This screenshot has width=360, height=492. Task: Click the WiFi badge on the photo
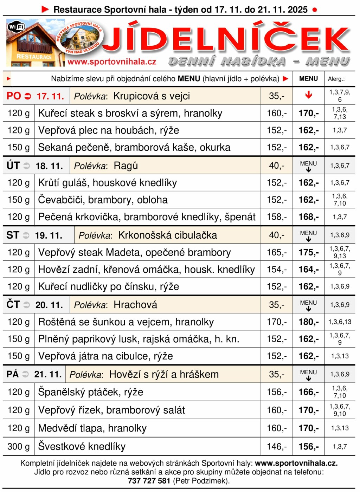click(x=17, y=27)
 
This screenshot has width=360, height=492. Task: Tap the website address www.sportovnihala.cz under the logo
click(x=112, y=62)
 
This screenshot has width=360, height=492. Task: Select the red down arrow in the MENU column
click(x=308, y=95)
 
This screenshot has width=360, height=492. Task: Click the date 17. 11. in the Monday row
click(x=50, y=96)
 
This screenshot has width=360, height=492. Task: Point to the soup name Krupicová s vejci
click(x=152, y=96)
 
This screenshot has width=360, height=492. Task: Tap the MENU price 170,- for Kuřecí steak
click(x=308, y=113)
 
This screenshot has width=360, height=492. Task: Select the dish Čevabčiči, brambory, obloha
click(x=103, y=200)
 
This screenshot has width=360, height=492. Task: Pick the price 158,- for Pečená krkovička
click(x=277, y=217)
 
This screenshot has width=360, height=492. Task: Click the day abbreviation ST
click(x=13, y=235)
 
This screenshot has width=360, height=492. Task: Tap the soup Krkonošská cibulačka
click(x=167, y=235)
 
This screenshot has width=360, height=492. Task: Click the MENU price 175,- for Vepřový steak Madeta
click(x=308, y=252)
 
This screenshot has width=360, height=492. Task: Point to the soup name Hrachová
click(x=135, y=305)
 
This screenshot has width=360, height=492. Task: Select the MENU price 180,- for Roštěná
click(x=308, y=322)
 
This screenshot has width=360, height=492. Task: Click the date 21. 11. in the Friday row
click(x=48, y=374)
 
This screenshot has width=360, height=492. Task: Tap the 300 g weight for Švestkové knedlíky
click(x=19, y=446)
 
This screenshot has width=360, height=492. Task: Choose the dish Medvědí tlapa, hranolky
click(x=92, y=428)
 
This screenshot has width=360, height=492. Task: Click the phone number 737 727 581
click(x=149, y=481)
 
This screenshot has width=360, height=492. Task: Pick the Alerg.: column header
click(x=336, y=79)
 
